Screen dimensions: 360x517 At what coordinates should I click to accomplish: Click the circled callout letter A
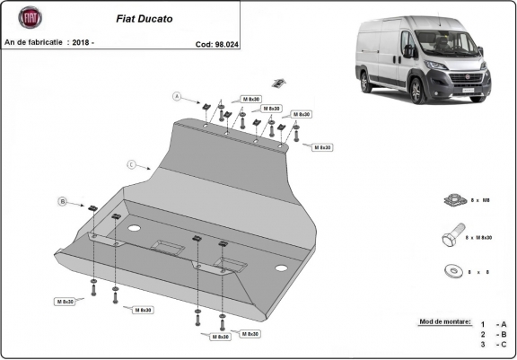coord(178,96)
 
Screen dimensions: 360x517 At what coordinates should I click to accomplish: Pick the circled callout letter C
coord(131,164)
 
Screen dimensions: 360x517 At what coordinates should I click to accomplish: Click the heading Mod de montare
coord(444,320)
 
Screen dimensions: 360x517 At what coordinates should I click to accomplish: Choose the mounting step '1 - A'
coord(493,324)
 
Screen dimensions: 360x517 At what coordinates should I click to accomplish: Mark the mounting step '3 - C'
coord(493,344)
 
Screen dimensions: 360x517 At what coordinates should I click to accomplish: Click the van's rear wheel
coord(366,83)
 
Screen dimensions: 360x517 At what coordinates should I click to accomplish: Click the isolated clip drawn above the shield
coord(279,83)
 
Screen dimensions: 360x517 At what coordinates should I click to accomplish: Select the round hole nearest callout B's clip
coord(134,230)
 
